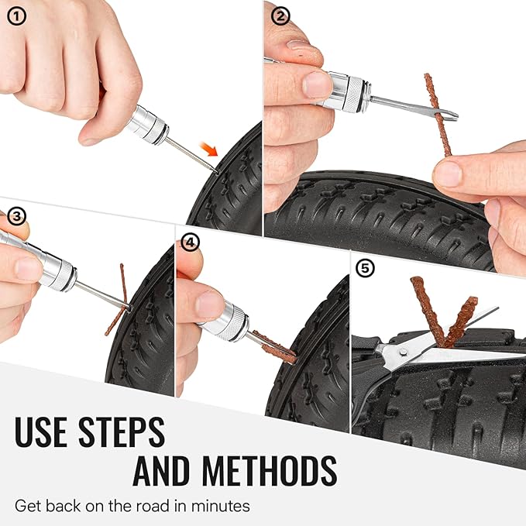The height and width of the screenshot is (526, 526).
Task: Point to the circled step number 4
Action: pyautogui.click(x=190, y=242)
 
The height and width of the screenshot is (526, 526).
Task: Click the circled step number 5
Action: pyautogui.click(x=365, y=268)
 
